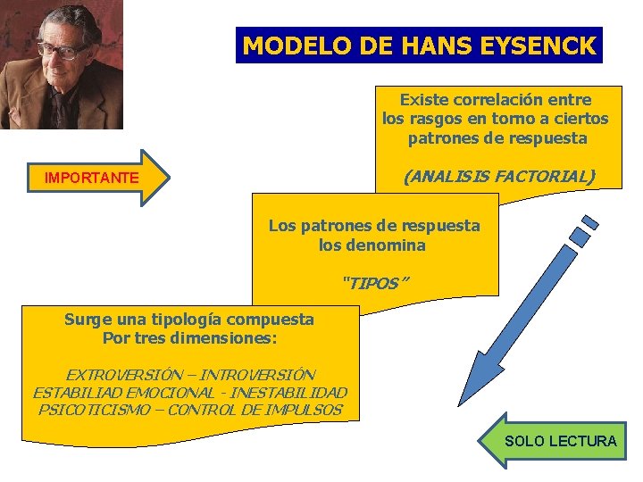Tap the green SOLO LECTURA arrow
coord(555,441)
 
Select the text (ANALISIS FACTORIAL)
coord(498,177)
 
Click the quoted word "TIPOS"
coord(375,284)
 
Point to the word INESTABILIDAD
coord(294,393)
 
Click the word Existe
coord(424,99)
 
